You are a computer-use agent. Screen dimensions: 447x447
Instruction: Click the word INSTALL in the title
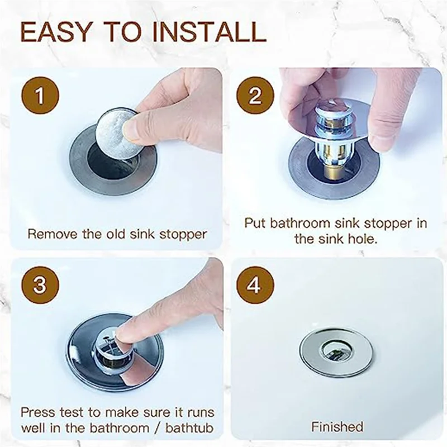click(206, 32)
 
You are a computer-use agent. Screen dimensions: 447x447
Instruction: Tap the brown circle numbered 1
click(39, 96)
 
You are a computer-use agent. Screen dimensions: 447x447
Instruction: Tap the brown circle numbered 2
click(255, 96)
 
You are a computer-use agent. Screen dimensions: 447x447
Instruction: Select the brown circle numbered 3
click(39, 285)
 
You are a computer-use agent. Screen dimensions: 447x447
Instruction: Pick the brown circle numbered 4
click(255, 285)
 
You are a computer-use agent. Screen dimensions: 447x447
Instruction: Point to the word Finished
click(337, 427)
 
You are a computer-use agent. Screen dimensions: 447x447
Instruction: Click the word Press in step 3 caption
click(38, 413)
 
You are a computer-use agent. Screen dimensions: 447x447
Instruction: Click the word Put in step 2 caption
click(255, 223)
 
